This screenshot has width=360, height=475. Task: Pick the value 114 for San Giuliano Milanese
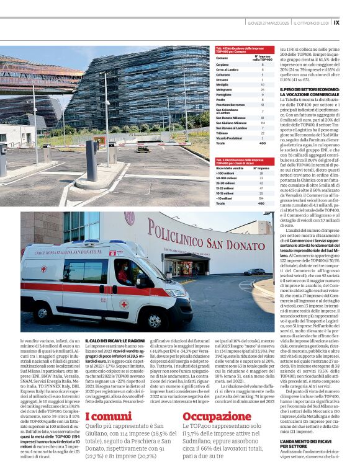(x=263, y=123)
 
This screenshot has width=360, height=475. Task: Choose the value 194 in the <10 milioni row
(x=262, y=198)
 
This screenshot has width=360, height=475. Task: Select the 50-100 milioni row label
(x=226, y=178)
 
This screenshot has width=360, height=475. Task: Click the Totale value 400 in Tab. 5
(x=261, y=203)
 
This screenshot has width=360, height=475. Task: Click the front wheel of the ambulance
(x=153, y=321)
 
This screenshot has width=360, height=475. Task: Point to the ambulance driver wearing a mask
(x=123, y=273)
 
